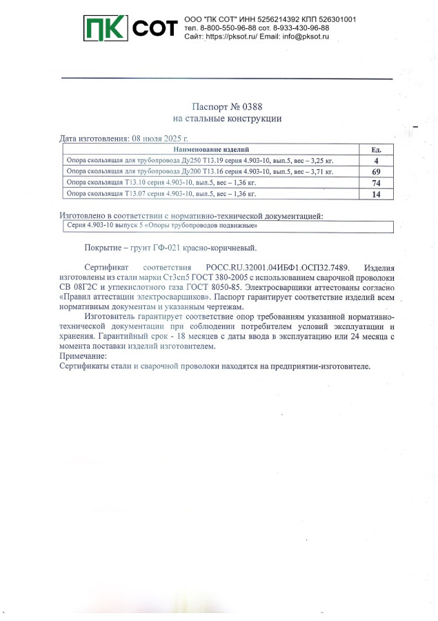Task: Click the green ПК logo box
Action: pyautogui.click(x=105, y=28)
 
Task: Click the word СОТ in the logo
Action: pyautogui.click(x=154, y=28)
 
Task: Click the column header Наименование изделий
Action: pyautogui.click(x=211, y=149)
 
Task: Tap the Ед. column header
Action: pyautogui.click(x=377, y=149)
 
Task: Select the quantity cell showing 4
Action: pyautogui.click(x=377, y=160)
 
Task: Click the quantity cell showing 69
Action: pyautogui.click(x=377, y=171)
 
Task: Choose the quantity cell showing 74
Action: pyautogui.click(x=377, y=183)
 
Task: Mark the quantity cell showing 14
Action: pyautogui.click(x=377, y=194)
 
